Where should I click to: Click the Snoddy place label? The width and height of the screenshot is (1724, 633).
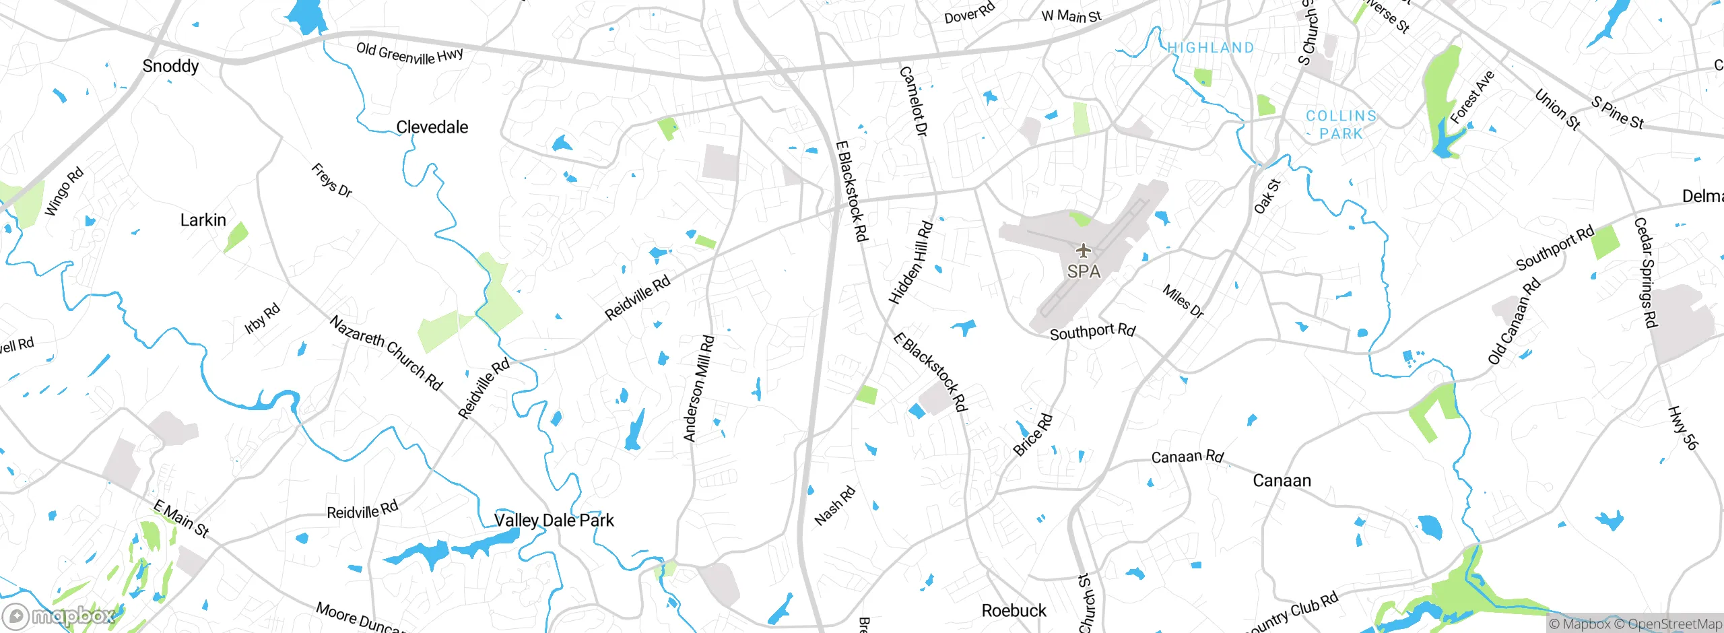click(170, 66)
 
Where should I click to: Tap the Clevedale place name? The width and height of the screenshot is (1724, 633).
click(432, 127)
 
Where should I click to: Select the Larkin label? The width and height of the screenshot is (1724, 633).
click(203, 220)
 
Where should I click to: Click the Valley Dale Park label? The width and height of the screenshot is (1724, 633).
click(554, 521)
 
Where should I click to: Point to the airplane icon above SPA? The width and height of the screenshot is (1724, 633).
click(1083, 251)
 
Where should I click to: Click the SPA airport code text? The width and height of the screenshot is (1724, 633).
click(1084, 271)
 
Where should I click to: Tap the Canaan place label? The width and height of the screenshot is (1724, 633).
click(1282, 481)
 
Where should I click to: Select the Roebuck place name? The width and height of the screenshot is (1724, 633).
click(1014, 611)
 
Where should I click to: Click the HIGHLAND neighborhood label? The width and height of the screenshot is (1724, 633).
click(1210, 48)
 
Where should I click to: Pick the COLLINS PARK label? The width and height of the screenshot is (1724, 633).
click(1341, 125)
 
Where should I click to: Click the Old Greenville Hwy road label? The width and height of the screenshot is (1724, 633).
click(409, 53)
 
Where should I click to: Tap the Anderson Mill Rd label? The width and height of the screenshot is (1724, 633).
click(698, 389)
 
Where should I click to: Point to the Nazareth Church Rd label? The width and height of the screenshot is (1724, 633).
click(386, 353)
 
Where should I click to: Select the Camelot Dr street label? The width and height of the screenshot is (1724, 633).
click(914, 101)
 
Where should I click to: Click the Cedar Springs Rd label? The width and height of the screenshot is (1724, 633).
click(1645, 273)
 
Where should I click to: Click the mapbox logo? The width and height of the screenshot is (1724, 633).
click(59, 616)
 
